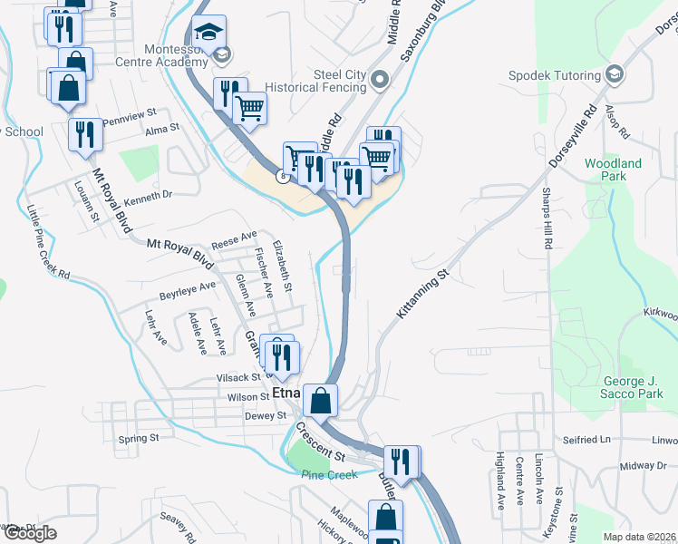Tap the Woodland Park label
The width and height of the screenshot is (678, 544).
pyautogui.click(x=613, y=170)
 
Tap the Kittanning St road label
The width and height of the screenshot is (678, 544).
pyautogui.click(x=423, y=293)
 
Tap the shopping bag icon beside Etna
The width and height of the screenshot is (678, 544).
pyautogui.click(x=321, y=399)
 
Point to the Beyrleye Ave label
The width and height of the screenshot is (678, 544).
pyautogui.click(x=188, y=291)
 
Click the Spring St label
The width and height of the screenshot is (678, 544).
pyautogui.click(x=139, y=438)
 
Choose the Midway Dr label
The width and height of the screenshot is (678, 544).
pyautogui.click(x=644, y=465)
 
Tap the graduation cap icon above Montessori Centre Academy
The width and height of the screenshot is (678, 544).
pyautogui.click(x=208, y=31)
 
